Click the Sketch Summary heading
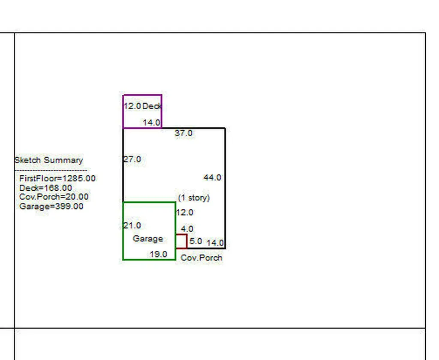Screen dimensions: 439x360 tap(48, 160)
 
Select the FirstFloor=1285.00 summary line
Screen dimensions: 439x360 tap(57, 178)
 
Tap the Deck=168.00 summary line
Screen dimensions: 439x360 tap(45, 188)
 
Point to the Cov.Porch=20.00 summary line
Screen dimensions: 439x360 tap(54, 197)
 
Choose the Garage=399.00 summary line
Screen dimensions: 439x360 tap(51, 206)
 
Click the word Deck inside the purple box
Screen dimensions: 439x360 tap(152, 106)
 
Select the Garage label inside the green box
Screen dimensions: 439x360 tap(148, 239)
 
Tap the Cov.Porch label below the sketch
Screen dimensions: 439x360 tap(201, 258)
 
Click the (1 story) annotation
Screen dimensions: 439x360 tap(194, 198)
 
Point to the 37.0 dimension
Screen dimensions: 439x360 tap(183, 133)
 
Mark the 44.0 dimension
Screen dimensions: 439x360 tap(212, 177)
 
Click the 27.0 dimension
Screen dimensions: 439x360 tap(132, 159)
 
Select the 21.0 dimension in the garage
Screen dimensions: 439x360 tap(132, 225)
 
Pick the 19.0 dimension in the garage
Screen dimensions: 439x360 tap(158, 254)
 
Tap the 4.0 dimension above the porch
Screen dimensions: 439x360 tap(187, 229)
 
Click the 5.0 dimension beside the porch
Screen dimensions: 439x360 tap(195, 241)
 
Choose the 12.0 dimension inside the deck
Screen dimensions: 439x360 tap(132, 106)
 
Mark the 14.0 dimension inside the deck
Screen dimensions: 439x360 tap(151, 123)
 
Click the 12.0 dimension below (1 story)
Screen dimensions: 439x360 tap(184, 213)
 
